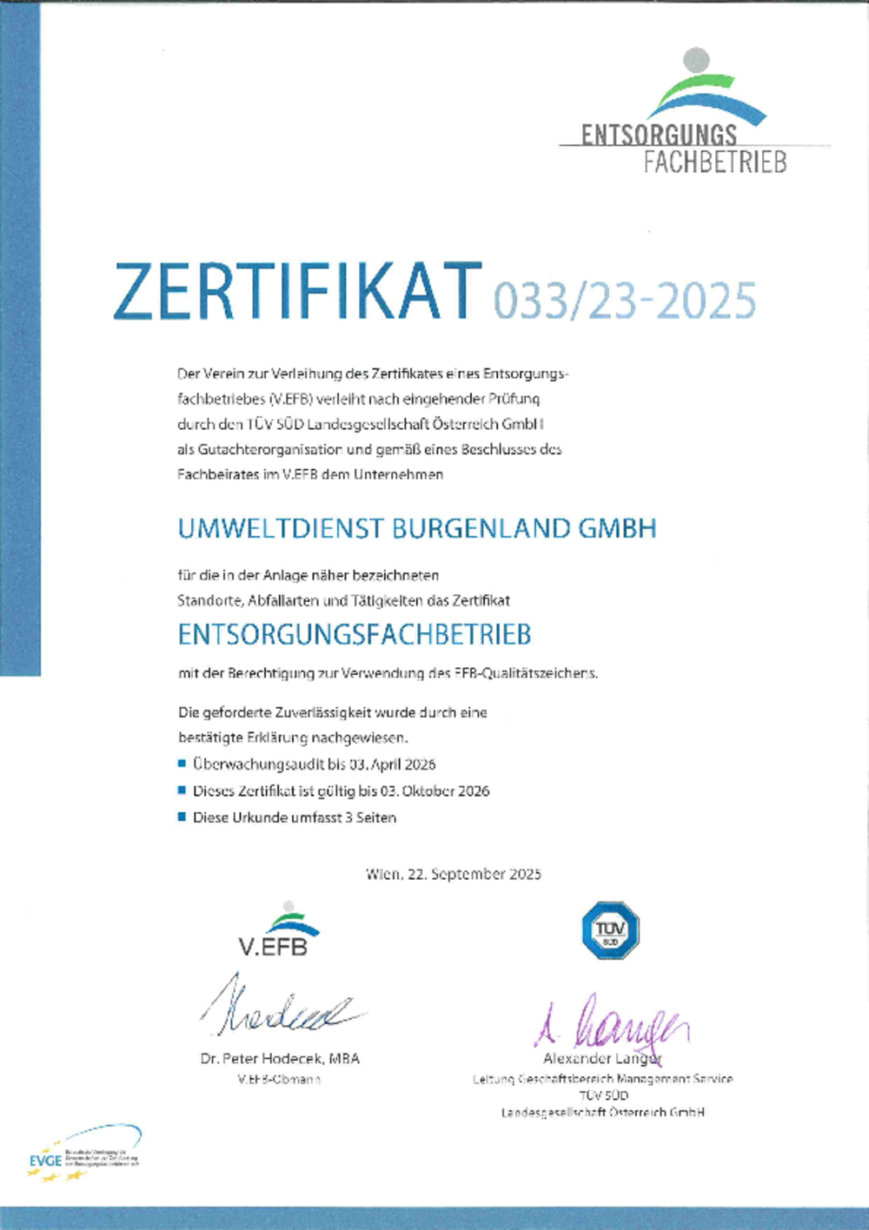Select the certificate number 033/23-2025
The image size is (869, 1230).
coord(625,301)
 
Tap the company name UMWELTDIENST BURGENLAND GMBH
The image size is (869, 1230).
coord(417,528)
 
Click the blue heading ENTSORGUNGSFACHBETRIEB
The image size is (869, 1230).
coord(354,635)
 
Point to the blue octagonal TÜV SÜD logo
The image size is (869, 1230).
coord(610,930)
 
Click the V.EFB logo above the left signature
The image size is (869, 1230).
coord(276,930)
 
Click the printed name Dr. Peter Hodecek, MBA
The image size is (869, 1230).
coord(280,1059)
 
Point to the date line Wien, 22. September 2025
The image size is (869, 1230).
coord(453,874)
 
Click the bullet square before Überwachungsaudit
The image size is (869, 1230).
coord(182,764)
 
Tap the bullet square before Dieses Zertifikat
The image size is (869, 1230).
coord(182,790)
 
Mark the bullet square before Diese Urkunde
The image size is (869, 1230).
coord(182,817)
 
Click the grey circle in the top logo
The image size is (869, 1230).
coord(696,60)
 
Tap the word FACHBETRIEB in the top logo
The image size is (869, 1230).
coord(715,162)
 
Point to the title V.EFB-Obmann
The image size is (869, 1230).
coord(279,1080)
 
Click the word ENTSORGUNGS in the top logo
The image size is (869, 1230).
coord(659,135)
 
